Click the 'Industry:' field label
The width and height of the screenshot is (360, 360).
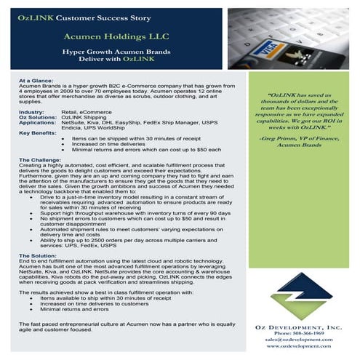[31, 113]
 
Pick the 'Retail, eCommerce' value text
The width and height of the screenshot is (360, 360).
[86, 113]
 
